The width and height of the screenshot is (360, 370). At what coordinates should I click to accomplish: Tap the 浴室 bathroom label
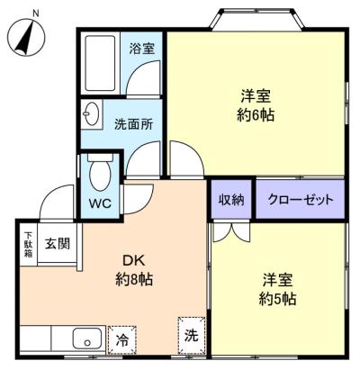140,48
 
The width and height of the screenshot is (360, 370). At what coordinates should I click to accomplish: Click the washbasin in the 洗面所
92,114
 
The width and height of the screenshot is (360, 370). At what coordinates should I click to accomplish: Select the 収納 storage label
231,200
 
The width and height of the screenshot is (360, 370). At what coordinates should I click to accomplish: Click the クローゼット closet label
300,200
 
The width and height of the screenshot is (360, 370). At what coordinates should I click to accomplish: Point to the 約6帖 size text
256,115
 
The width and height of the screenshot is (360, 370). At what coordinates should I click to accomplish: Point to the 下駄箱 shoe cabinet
28,242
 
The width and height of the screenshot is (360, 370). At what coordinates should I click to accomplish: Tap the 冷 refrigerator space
120,340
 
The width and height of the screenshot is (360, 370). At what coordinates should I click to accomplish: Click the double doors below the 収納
229,230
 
